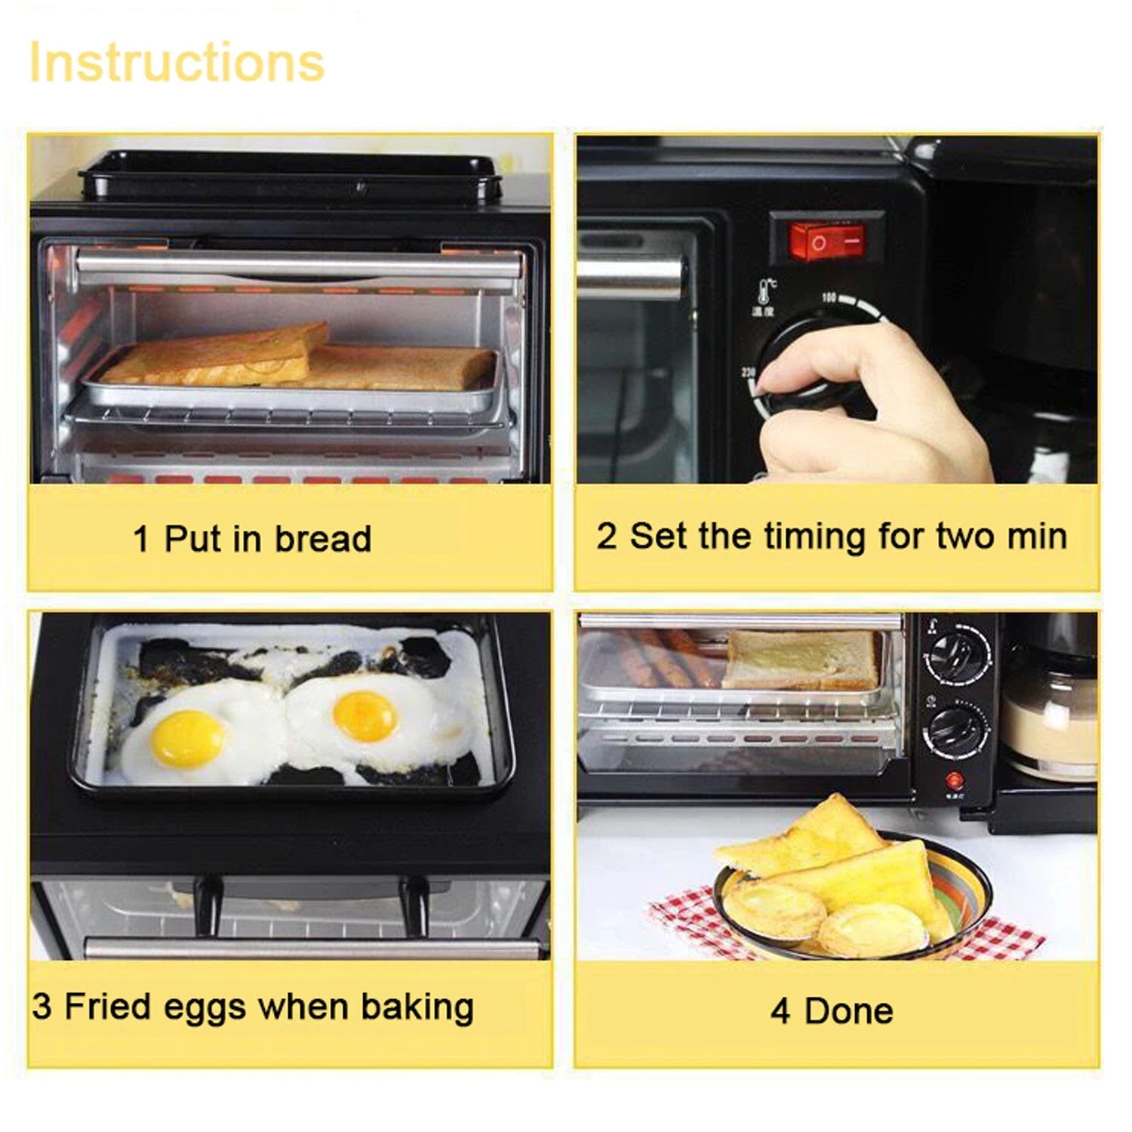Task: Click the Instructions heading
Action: click(177, 62)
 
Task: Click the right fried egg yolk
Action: click(365, 715)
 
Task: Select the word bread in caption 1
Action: click(322, 539)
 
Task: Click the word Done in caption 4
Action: click(849, 1011)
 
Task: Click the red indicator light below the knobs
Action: click(955, 780)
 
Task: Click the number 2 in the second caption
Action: click(606, 537)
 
